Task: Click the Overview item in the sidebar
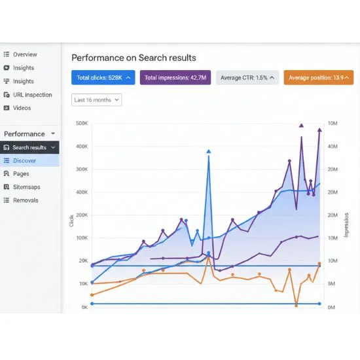point(25,54)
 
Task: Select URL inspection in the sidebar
point(32,95)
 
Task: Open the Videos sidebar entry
point(22,108)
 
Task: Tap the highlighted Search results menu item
point(29,147)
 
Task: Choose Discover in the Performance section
point(24,160)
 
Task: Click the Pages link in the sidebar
point(21,173)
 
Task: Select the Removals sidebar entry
point(26,200)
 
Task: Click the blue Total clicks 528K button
point(103,78)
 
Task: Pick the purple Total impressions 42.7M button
point(175,78)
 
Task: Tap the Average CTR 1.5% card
point(248,78)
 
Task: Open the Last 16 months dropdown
point(97,100)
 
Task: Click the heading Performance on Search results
point(134,58)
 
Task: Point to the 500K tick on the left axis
point(82,123)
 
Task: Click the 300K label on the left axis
point(82,169)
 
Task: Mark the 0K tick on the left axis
point(84,307)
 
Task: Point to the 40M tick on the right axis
point(332,146)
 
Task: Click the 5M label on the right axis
point(332,284)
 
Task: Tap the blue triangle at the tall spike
point(209,151)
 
